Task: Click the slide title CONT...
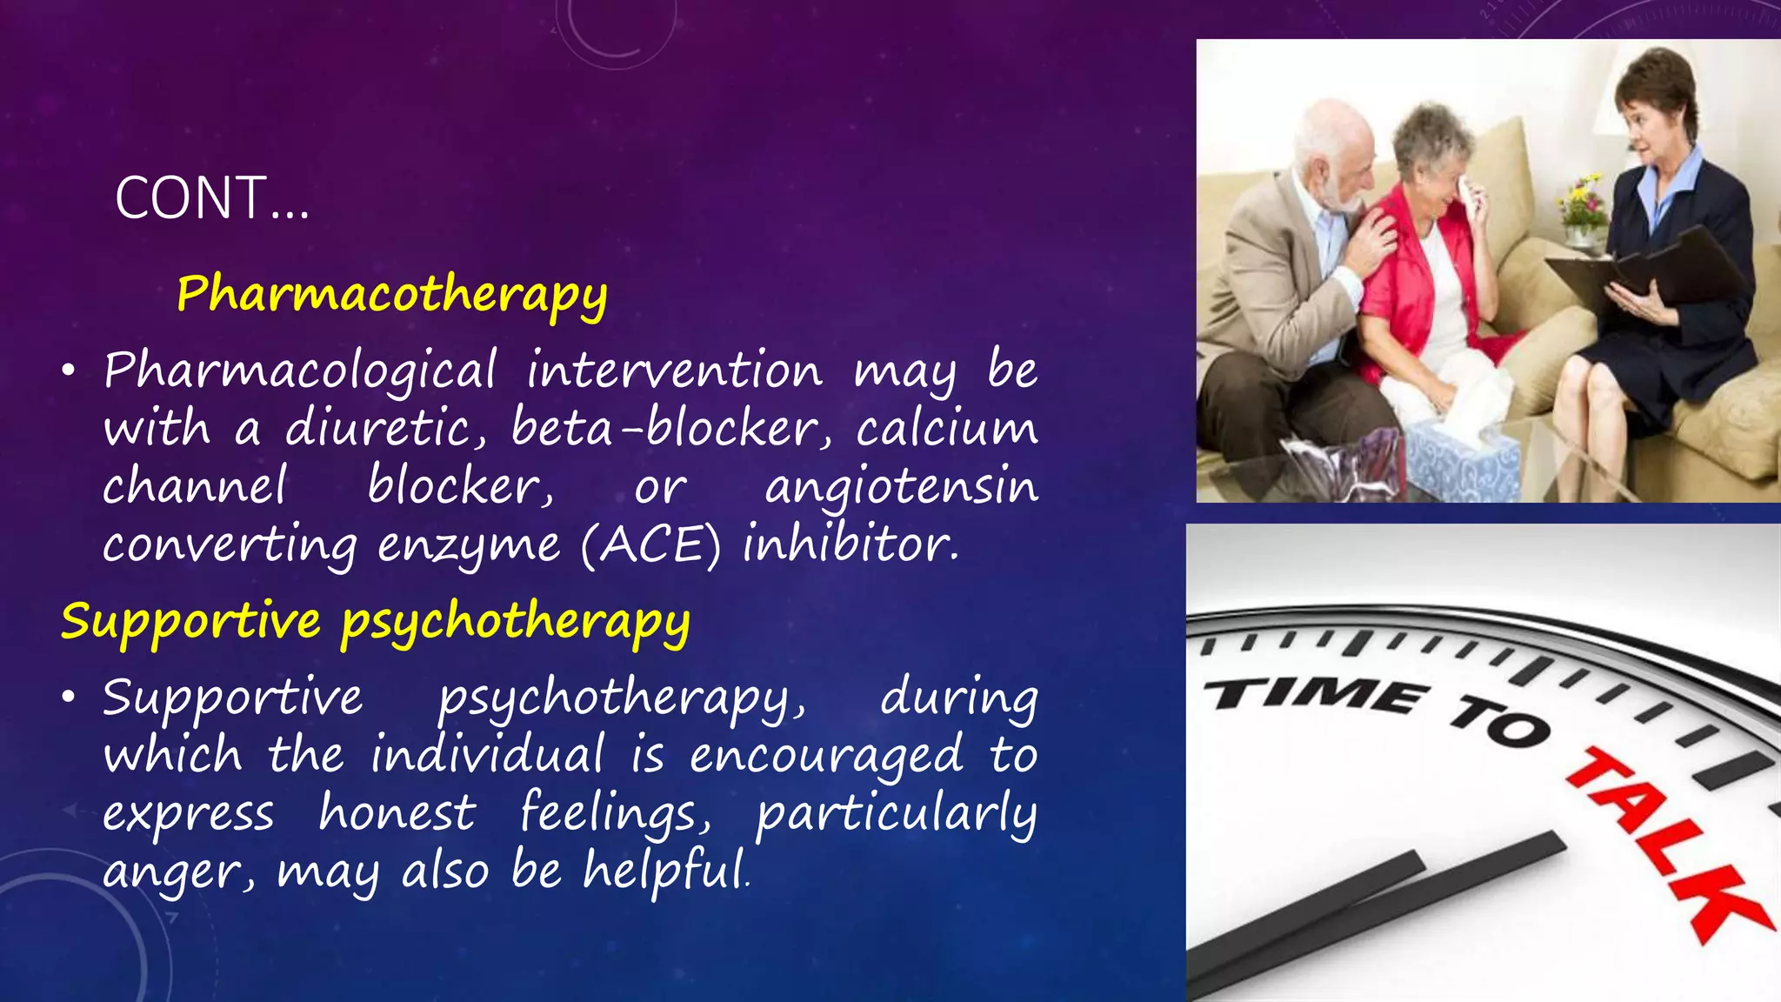[211, 199]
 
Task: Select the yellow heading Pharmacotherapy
[391, 294]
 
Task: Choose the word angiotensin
[901, 487]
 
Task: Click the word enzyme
[469, 546]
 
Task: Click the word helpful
[664, 870]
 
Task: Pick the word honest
[397, 813]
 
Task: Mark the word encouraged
[826, 755]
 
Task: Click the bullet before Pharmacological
[69, 371]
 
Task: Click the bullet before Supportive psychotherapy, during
[69, 698]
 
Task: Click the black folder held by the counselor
[1652, 270]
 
